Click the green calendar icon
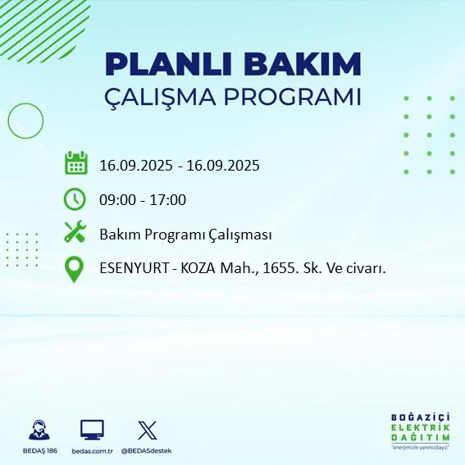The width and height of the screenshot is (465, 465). (75, 163)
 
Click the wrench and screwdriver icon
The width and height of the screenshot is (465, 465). (75, 233)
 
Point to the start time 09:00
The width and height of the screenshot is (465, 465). (117, 199)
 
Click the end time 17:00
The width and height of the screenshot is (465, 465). (168, 199)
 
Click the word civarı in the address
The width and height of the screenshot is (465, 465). (367, 268)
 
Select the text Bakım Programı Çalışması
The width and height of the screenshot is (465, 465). (185, 235)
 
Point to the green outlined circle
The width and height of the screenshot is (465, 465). (25, 121)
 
